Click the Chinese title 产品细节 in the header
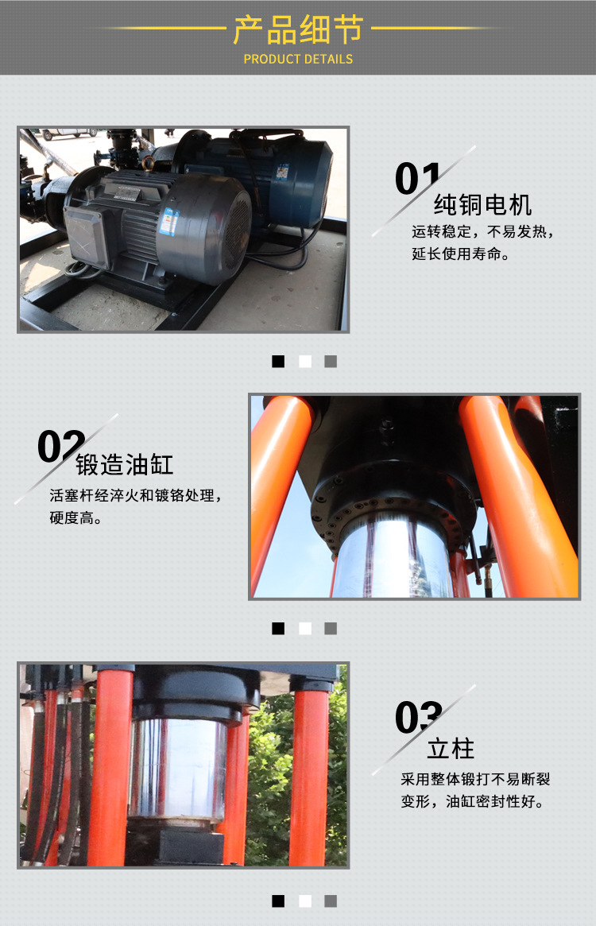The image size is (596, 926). (x=297, y=29)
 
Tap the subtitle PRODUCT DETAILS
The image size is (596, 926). (x=298, y=59)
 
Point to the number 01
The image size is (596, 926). (x=417, y=178)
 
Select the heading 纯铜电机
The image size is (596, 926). (x=482, y=205)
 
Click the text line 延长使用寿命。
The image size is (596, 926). (x=461, y=255)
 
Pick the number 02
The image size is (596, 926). (x=61, y=447)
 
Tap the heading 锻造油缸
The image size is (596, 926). (x=124, y=464)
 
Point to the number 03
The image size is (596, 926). (x=418, y=718)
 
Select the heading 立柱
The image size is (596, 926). (x=451, y=748)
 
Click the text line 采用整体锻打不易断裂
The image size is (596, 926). (x=473, y=779)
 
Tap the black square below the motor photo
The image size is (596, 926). (x=278, y=361)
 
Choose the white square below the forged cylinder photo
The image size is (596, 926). (x=304, y=628)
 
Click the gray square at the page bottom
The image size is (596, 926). (x=331, y=901)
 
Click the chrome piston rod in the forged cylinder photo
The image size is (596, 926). (x=393, y=556)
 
